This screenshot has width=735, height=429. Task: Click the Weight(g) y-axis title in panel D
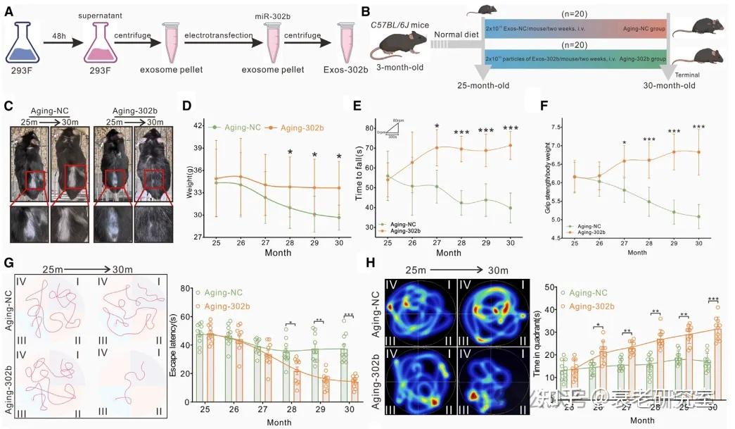click(x=189, y=182)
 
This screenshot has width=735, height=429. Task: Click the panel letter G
click(x=9, y=264)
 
